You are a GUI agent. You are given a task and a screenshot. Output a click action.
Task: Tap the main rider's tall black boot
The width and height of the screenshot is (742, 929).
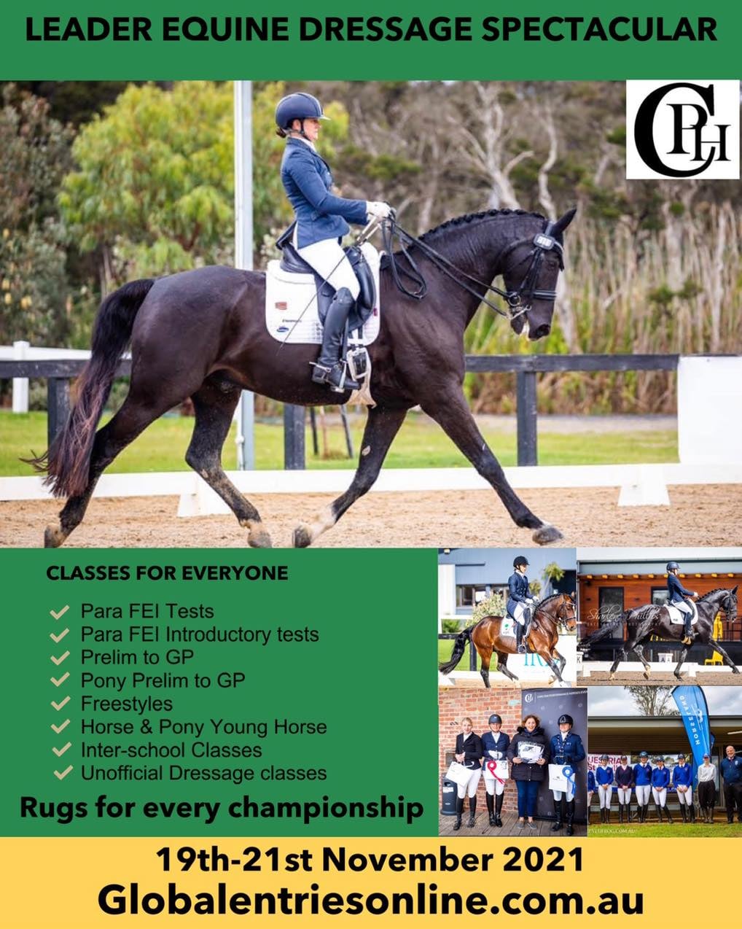coord(332,335)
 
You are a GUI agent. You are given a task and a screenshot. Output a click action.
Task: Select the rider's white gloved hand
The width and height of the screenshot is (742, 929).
coord(378,209)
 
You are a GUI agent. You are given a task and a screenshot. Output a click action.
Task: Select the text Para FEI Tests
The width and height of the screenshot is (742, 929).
coord(147,611)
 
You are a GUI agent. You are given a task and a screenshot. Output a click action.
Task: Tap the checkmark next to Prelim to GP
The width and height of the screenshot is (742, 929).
coord(60,658)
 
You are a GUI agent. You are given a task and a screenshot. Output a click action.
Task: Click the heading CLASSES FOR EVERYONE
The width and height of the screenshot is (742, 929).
coord(167,573)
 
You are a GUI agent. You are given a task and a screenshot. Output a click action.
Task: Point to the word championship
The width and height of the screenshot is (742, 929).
coord(321,808)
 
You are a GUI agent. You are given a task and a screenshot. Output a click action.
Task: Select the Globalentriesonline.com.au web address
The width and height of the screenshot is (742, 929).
coord(371,900)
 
